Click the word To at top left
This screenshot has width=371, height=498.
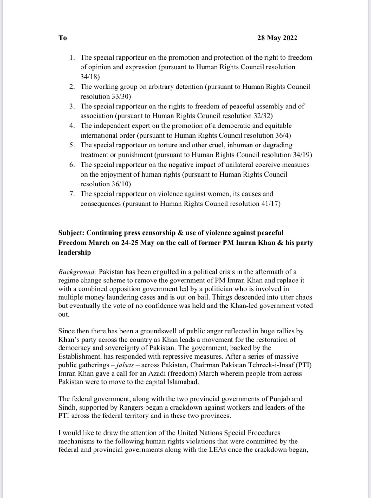(x=62, y=38)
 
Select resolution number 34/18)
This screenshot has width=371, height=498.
(x=90, y=77)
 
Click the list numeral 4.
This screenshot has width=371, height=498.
(x=72, y=126)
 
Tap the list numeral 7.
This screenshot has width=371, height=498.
(x=72, y=194)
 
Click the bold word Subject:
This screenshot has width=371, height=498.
(x=72, y=233)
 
